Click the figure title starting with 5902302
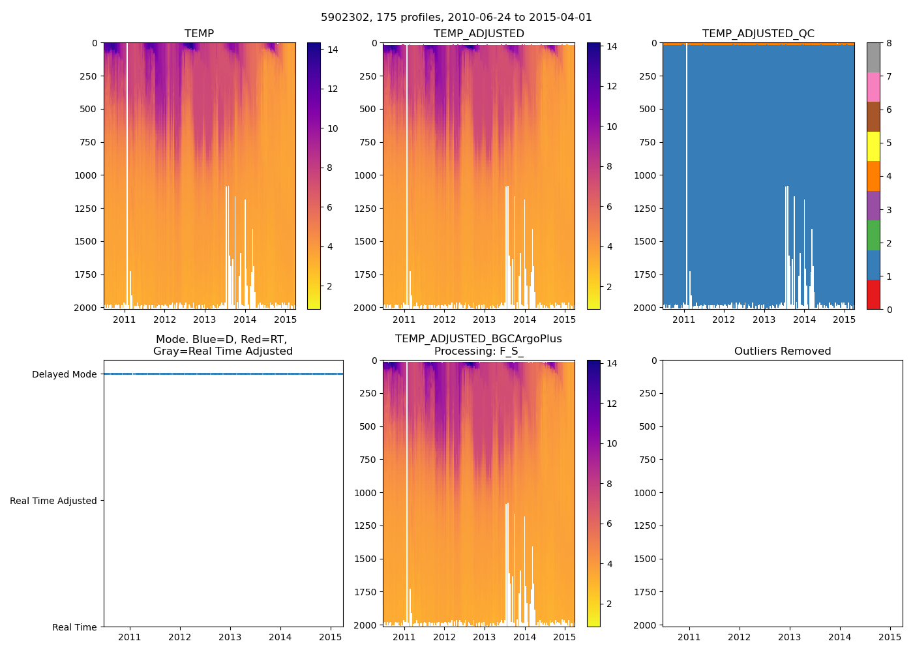(x=456, y=18)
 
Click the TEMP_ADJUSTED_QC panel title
(x=758, y=34)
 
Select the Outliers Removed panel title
(x=783, y=351)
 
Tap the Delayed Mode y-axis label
(x=64, y=374)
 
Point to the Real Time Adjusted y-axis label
(x=53, y=501)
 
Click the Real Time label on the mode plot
(x=74, y=627)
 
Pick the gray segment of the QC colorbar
(x=873, y=57)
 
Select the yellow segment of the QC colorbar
(x=873, y=146)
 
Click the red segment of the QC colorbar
(x=873, y=294)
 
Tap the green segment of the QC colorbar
(x=873, y=235)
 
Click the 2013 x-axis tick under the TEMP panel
(x=205, y=319)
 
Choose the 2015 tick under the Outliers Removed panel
(x=890, y=637)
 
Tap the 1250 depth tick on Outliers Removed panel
(x=646, y=526)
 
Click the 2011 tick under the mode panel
(x=130, y=637)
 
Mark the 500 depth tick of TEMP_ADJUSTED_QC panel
(x=647, y=109)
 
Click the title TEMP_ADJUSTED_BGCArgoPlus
(x=478, y=339)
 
